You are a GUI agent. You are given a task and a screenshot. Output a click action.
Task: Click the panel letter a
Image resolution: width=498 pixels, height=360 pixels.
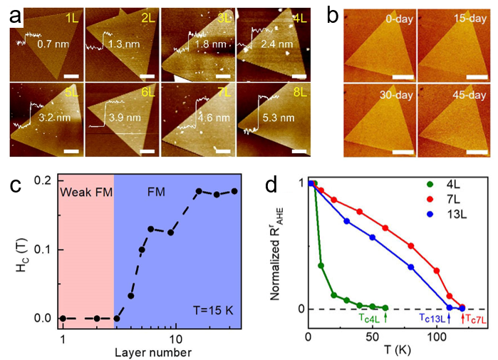[x=14, y=15]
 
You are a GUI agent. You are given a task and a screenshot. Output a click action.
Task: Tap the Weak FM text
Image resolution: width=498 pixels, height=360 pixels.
[x=85, y=193]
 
